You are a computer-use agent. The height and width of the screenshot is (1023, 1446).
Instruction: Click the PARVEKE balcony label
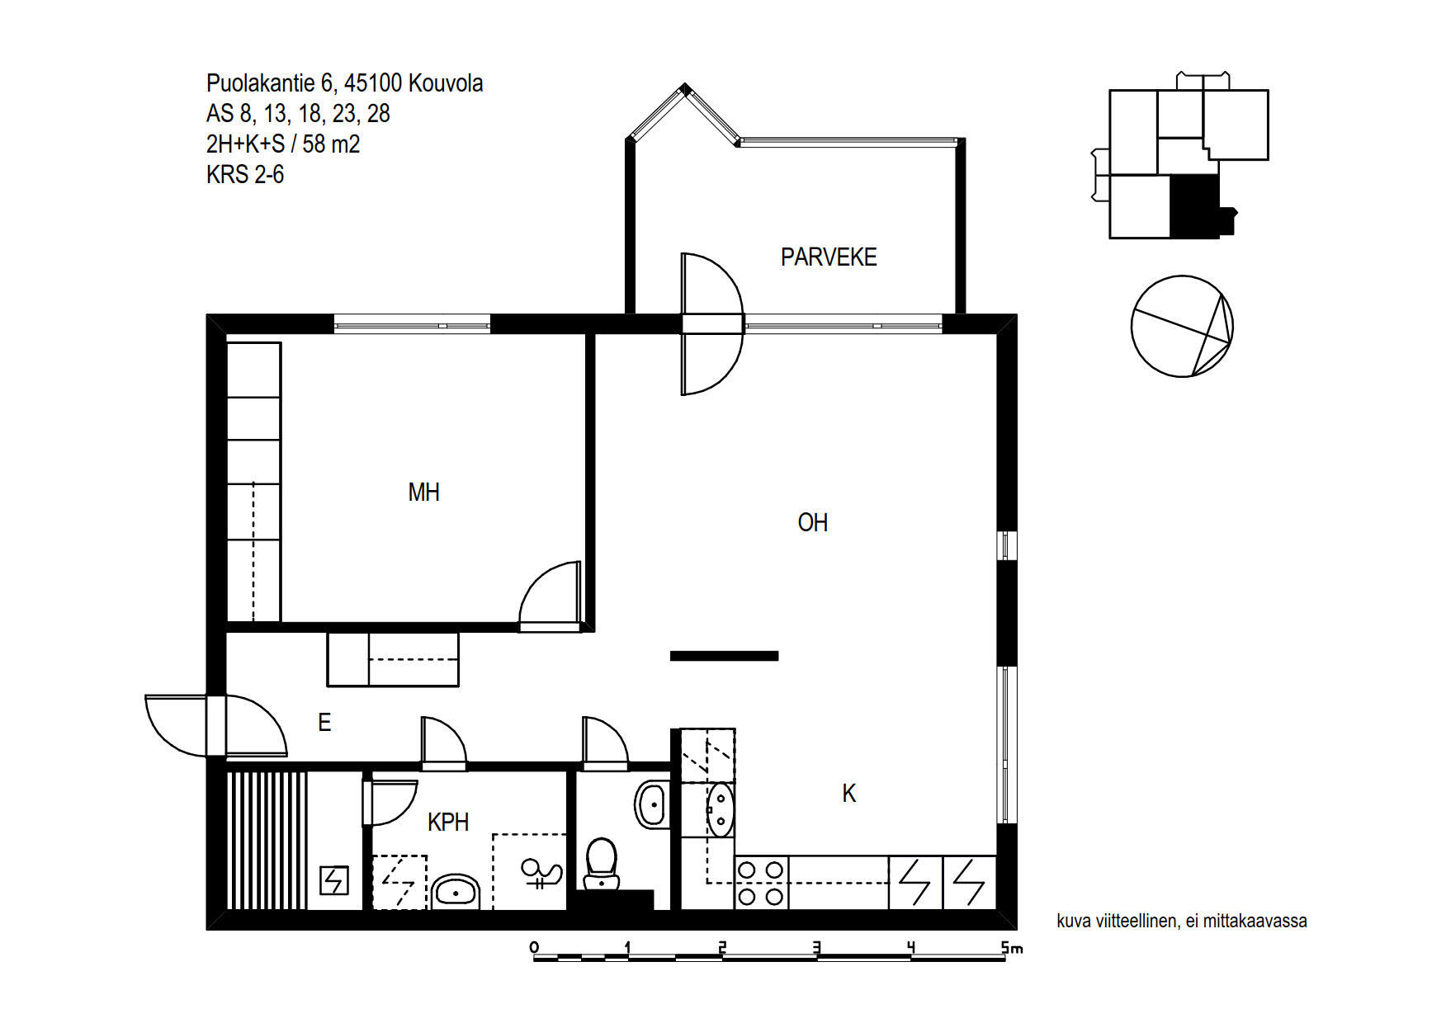[x=829, y=257]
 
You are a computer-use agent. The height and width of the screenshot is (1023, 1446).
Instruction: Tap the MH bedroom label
[x=423, y=493]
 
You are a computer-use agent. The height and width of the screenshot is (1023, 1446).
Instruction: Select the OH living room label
[x=812, y=522]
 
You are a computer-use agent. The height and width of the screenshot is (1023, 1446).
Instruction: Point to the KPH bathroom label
[x=448, y=822]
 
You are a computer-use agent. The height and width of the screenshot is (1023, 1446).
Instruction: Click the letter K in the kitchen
[x=849, y=794]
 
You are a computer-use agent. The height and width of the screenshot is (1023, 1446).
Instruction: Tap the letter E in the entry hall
[x=324, y=723]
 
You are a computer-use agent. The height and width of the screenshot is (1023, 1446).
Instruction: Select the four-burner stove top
[x=761, y=883]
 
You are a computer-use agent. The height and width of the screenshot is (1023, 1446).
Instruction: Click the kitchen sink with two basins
[x=721, y=809]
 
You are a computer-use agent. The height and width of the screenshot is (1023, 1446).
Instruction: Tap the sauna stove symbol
[x=334, y=880]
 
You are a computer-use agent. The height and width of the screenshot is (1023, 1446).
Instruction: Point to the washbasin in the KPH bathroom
[x=456, y=891]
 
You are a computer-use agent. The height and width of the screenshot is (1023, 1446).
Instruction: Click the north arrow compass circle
[x=1182, y=326]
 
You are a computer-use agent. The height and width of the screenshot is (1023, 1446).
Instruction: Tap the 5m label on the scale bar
[x=1012, y=948]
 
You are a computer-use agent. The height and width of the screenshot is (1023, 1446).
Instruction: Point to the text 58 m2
[x=331, y=144]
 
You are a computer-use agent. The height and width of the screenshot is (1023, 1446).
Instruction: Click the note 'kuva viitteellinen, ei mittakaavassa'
[x=1181, y=921]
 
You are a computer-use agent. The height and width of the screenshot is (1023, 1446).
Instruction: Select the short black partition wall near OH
[x=724, y=657]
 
